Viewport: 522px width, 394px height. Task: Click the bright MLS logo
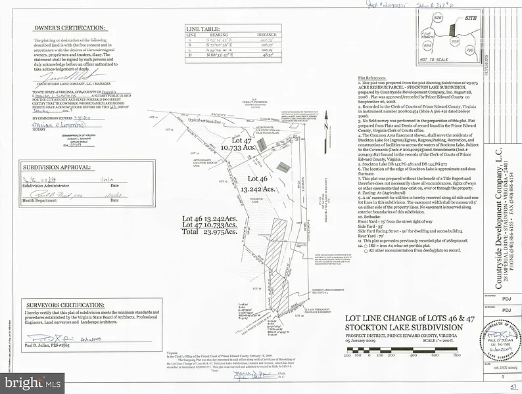click(33, 381)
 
